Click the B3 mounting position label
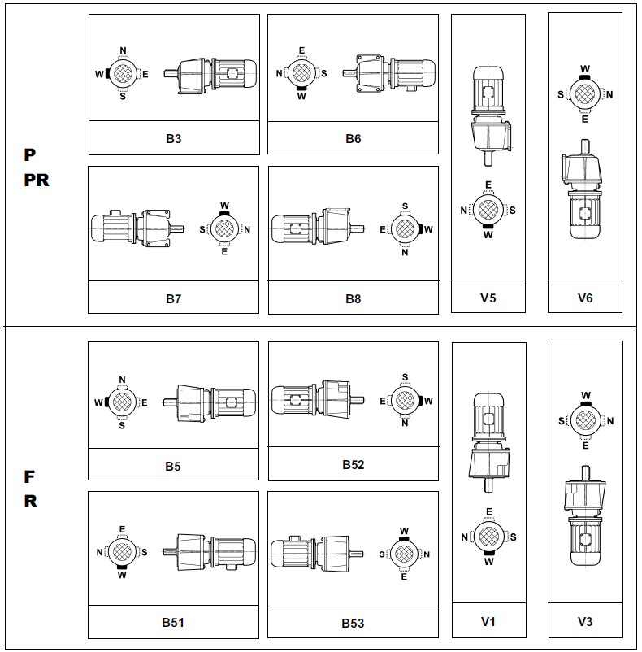[x=173, y=138]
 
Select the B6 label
[x=353, y=138]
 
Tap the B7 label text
[x=173, y=298]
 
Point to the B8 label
[x=353, y=298]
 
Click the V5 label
[x=488, y=298]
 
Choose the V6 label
[x=585, y=298]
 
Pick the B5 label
[x=173, y=467]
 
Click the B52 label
[x=353, y=465]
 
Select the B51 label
[x=173, y=623]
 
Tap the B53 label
[x=353, y=624]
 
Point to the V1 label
[x=488, y=622]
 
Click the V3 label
[x=585, y=622]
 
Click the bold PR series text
[x=37, y=180]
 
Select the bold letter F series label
[x=30, y=476]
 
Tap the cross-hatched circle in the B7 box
[x=225, y=229]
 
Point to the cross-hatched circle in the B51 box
[x=122, y=552]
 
